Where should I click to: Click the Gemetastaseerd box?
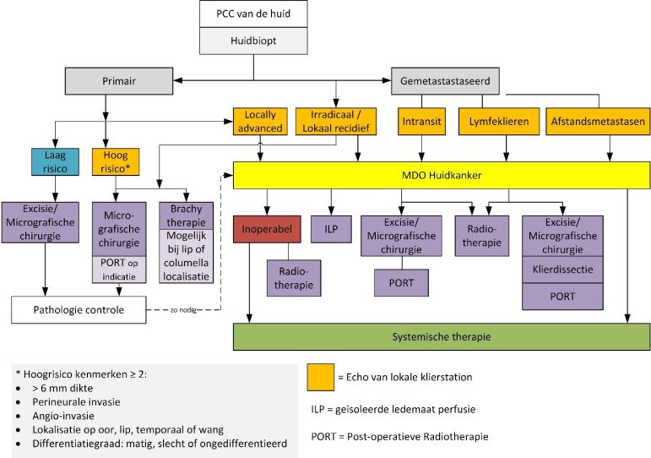coord(445,80)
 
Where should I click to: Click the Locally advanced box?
coord(259,121)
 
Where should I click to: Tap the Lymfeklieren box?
coord(498,122)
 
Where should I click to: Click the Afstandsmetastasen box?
coord(598,122)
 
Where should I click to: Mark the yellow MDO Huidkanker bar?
coord(442,175)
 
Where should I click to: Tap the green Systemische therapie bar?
coord(442,336)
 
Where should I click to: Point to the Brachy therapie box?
coord(184,215)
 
